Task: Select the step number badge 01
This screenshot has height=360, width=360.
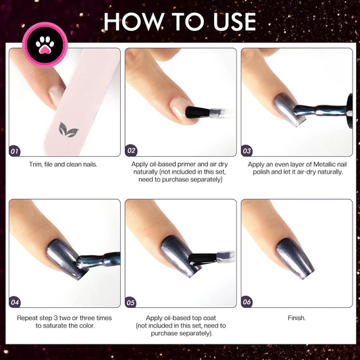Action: coord(15,151)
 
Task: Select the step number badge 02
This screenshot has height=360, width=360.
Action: coord(131,151)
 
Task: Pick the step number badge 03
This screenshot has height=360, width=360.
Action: coord(247,151)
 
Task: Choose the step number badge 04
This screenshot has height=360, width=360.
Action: coord(15,301)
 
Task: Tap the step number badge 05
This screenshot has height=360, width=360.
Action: coord(131,301)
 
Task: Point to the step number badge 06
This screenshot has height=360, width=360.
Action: coord(247,301)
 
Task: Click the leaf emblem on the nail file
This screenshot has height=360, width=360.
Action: coord(67,130)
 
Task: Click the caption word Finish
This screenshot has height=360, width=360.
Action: coord(296,317)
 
